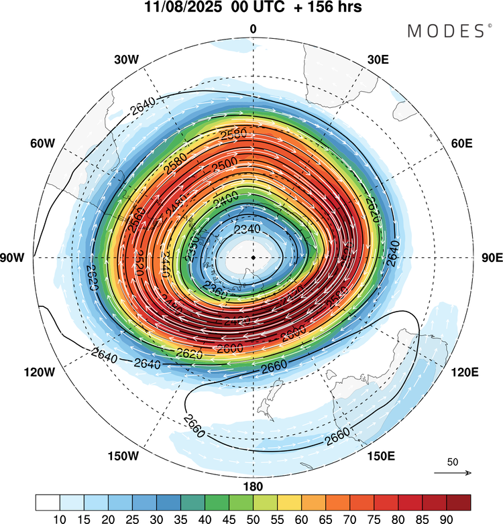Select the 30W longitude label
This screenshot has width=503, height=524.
pyautogui.click(x=126, y=60)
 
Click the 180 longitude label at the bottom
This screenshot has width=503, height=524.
pyautogui.click(x=253, y=486)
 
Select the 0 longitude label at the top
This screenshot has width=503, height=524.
pyautogui.click(x=253, y=29)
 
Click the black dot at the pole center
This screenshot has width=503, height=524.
pyautogui.click(x=253, y=257)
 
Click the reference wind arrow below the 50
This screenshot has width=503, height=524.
pyautogui.click(x=453, y=473)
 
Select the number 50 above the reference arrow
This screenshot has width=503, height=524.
pyautogui.click(x=453, y=462)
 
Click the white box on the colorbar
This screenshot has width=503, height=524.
pyautogui.click(x=48, y=503)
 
